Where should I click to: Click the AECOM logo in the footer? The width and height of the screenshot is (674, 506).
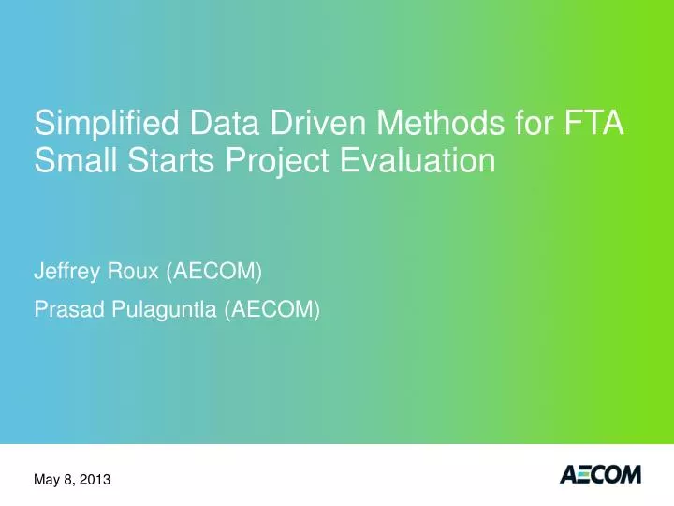tap(600, 476)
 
